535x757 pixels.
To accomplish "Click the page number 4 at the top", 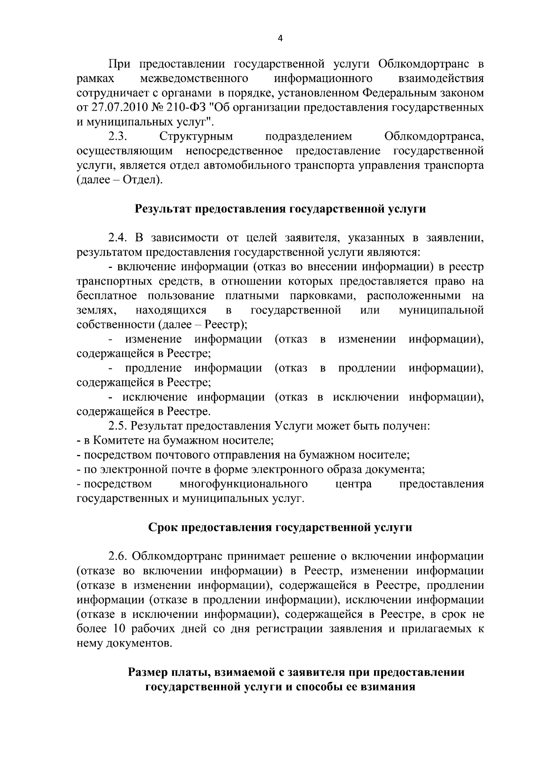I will click(x=280, y=38).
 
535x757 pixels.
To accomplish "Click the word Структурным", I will click(x=196, y=137).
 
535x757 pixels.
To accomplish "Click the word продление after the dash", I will click(x=153, y=368).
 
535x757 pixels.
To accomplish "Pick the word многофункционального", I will click(x=243, y=484).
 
